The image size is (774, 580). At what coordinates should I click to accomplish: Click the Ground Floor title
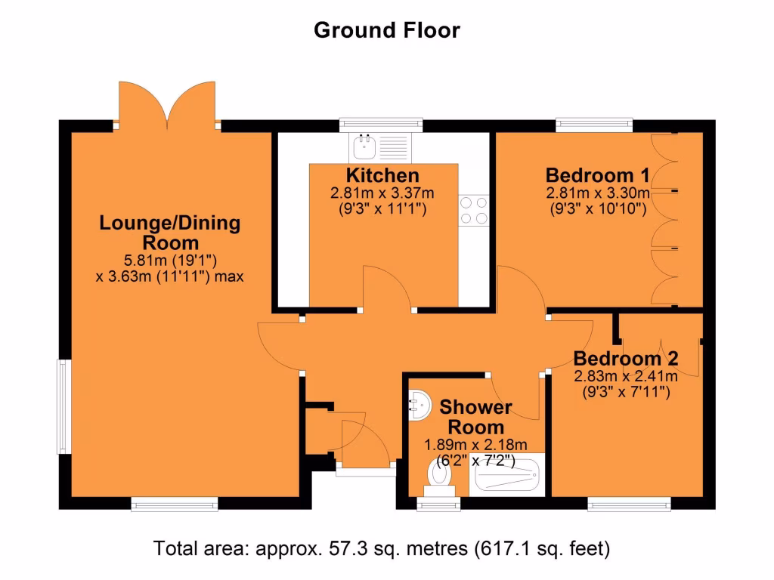point(386,30)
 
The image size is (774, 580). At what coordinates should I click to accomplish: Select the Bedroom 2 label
point(625,358)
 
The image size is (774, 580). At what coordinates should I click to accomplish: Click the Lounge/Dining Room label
point(170,233)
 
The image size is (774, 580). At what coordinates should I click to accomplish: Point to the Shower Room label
point(475,417)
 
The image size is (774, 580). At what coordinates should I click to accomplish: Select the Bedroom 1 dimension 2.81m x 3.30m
point(597,193)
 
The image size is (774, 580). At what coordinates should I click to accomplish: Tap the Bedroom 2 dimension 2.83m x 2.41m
point(625,375)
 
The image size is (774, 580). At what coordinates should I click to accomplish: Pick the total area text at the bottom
point(382,548)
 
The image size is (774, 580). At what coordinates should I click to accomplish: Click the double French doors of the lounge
point(168,106)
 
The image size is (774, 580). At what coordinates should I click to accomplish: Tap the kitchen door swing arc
point(387,287)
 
